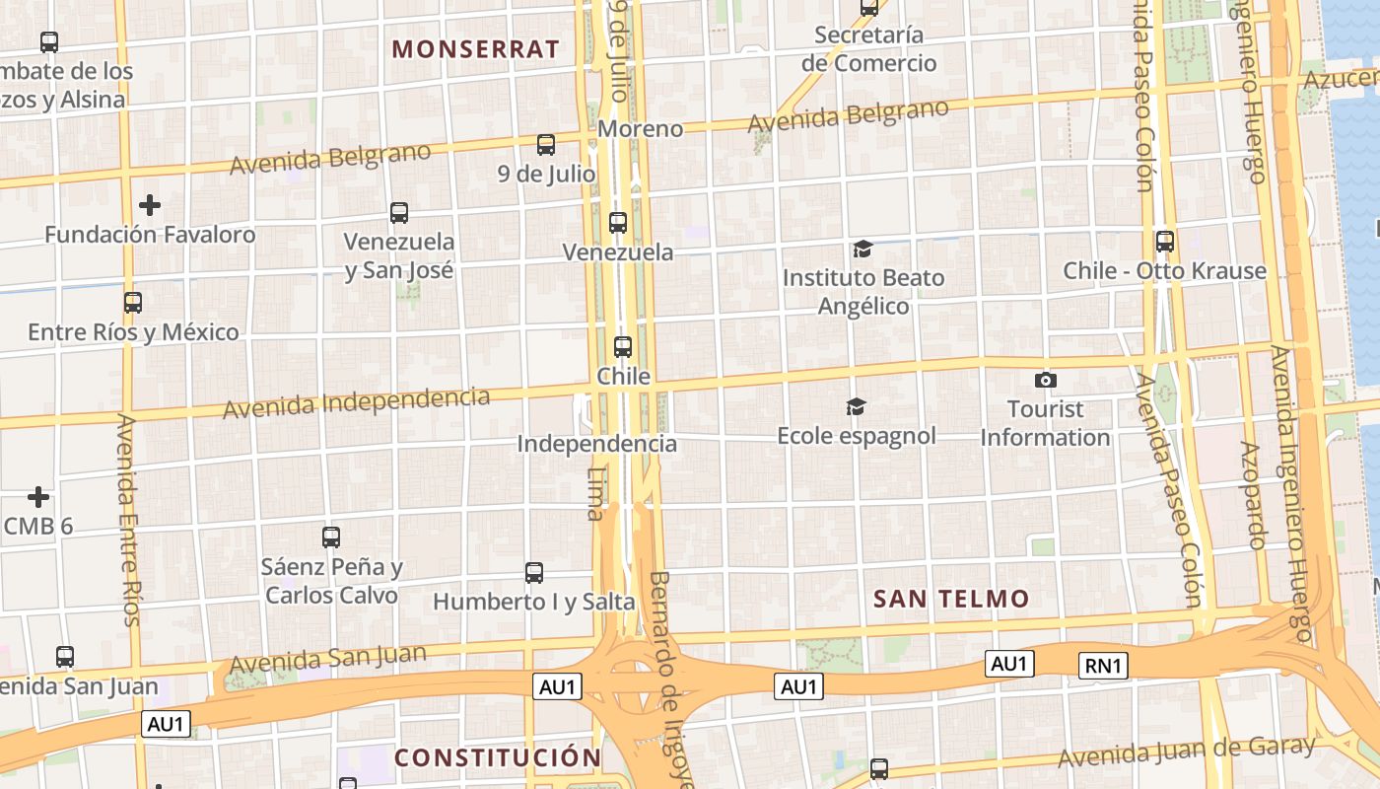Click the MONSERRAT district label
(x=476, y=49)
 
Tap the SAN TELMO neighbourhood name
(x=951, y=599)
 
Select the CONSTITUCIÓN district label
(x=498, y=757)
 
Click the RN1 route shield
(x=1103, y=666)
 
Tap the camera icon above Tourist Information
(x=1046, y=380)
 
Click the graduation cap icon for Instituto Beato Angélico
(x=862, y=249)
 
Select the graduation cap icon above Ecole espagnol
(x=856, y=406)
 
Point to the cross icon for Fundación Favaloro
(x=150, y=205)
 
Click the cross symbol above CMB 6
(x=38, y=496)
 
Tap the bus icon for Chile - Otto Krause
(x=1165, y=241)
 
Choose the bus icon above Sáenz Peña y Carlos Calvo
(x=331, y=538)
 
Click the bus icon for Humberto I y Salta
(x=534, y=572)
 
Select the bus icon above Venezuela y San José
(x=399, y=212)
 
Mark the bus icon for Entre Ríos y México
(x=133, y=303)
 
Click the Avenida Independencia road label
(x=356, y=402)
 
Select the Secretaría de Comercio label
(x=868, y=49)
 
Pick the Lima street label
(x=596, y=493)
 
